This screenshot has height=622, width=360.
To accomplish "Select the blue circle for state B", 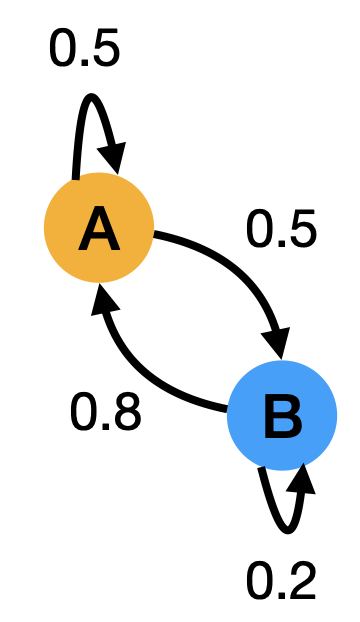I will [x=306, y=440].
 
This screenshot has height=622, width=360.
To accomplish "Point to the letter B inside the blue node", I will [x=282, y=418].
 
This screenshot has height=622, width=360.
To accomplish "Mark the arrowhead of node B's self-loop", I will [x=301, y=479].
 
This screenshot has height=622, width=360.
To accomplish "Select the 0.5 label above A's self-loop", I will [x=84, y=50].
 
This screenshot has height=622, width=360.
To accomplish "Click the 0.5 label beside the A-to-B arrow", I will [x=281, y=229].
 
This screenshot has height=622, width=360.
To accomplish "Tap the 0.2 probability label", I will [x=282, y=580].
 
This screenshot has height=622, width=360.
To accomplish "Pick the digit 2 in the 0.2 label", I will [x=302, y=580].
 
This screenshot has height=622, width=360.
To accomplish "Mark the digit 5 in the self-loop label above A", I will [x=104, y=50].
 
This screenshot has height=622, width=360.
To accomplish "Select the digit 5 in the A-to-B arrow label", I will [x=301, y=229].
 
